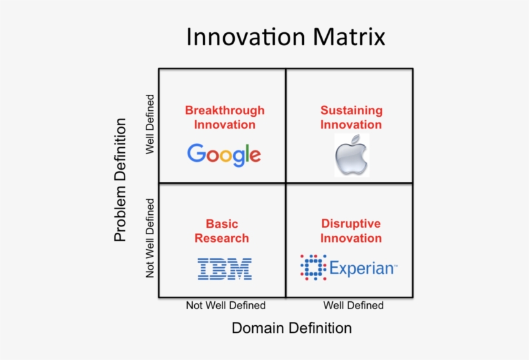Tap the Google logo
(x=224, y=155)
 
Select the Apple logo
(x=352, y=155)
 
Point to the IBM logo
(x=225, y=269)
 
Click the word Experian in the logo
(x=363, y=268)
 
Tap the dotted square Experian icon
(x=314, y=268)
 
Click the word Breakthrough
(x=225, y=110)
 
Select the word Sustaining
(x=352, y=110)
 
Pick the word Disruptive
(x=351, y=223)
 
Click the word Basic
(x=222, y=224)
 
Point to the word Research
(x=222, y=238)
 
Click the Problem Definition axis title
(x=120, y=180)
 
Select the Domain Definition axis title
(x=292, y=328)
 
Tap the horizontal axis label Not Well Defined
(x=226, y=305)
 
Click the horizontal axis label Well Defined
(x=354, y=305)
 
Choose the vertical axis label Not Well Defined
(x=150, y=238)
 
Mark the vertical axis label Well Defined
(x=150, y=124)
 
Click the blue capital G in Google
(x=196, y=153)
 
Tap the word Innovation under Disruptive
(x=351, y=238)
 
